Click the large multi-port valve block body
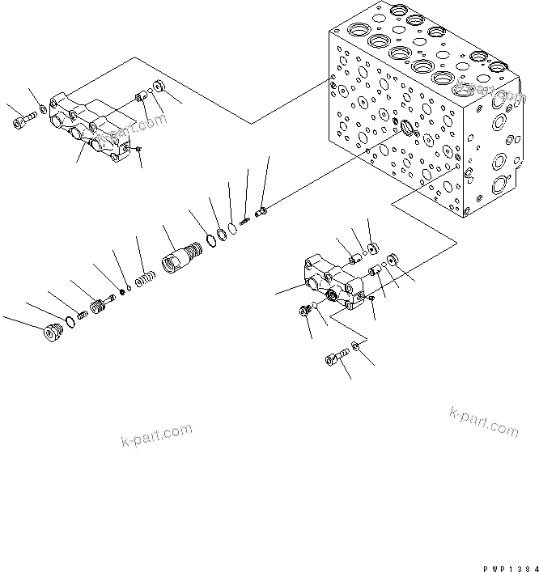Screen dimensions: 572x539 coord(421,121)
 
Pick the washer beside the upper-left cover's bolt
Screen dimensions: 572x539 coord(42,110)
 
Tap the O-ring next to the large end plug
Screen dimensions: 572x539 coord(70,323)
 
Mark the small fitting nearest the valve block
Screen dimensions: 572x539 coord(261,213)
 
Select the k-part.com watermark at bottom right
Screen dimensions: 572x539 coord(483,422)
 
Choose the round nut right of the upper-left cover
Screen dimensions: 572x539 coord(159,87)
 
